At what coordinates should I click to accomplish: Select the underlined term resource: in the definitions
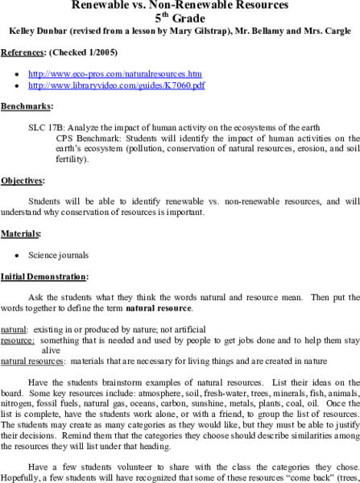click(17, 341)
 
